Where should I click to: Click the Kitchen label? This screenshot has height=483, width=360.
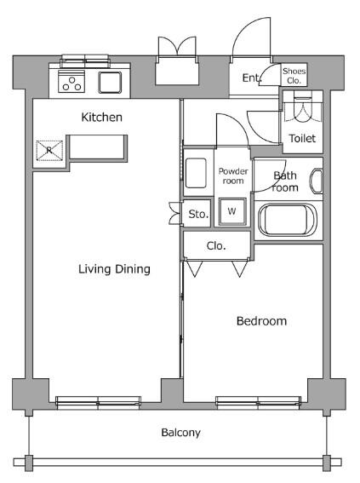click(101, 117)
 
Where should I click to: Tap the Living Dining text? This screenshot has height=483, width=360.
click(114, 269)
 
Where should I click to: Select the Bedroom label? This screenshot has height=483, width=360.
click(261, 321)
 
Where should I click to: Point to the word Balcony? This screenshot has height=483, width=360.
click(181, 433)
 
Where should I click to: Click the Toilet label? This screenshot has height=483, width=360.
click(302, 138)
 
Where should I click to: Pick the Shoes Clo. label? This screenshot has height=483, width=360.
click(294, 76)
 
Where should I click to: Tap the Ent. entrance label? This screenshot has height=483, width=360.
click(252, 78)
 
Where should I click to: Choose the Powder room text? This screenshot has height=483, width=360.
click(233, 175)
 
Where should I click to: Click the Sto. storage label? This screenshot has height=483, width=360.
click(198, 214)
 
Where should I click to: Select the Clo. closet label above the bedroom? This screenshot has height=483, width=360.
click(216, 246)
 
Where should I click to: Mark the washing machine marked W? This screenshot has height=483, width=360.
click(232, 211)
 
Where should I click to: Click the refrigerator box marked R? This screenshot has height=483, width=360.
click(49, 151)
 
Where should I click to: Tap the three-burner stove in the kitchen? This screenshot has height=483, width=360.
click(71, 81)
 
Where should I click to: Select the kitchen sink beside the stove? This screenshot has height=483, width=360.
click(110, 83)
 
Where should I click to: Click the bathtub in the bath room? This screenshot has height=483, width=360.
click(288, 220)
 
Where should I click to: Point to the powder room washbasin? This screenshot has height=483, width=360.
click(196, 173)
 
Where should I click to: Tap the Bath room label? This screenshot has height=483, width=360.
click(285, 181)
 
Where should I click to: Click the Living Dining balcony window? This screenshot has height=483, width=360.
click(99, 402)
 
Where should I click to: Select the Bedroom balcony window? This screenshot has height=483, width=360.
click(258, 402)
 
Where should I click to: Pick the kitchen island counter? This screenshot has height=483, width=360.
click(99, 147)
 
